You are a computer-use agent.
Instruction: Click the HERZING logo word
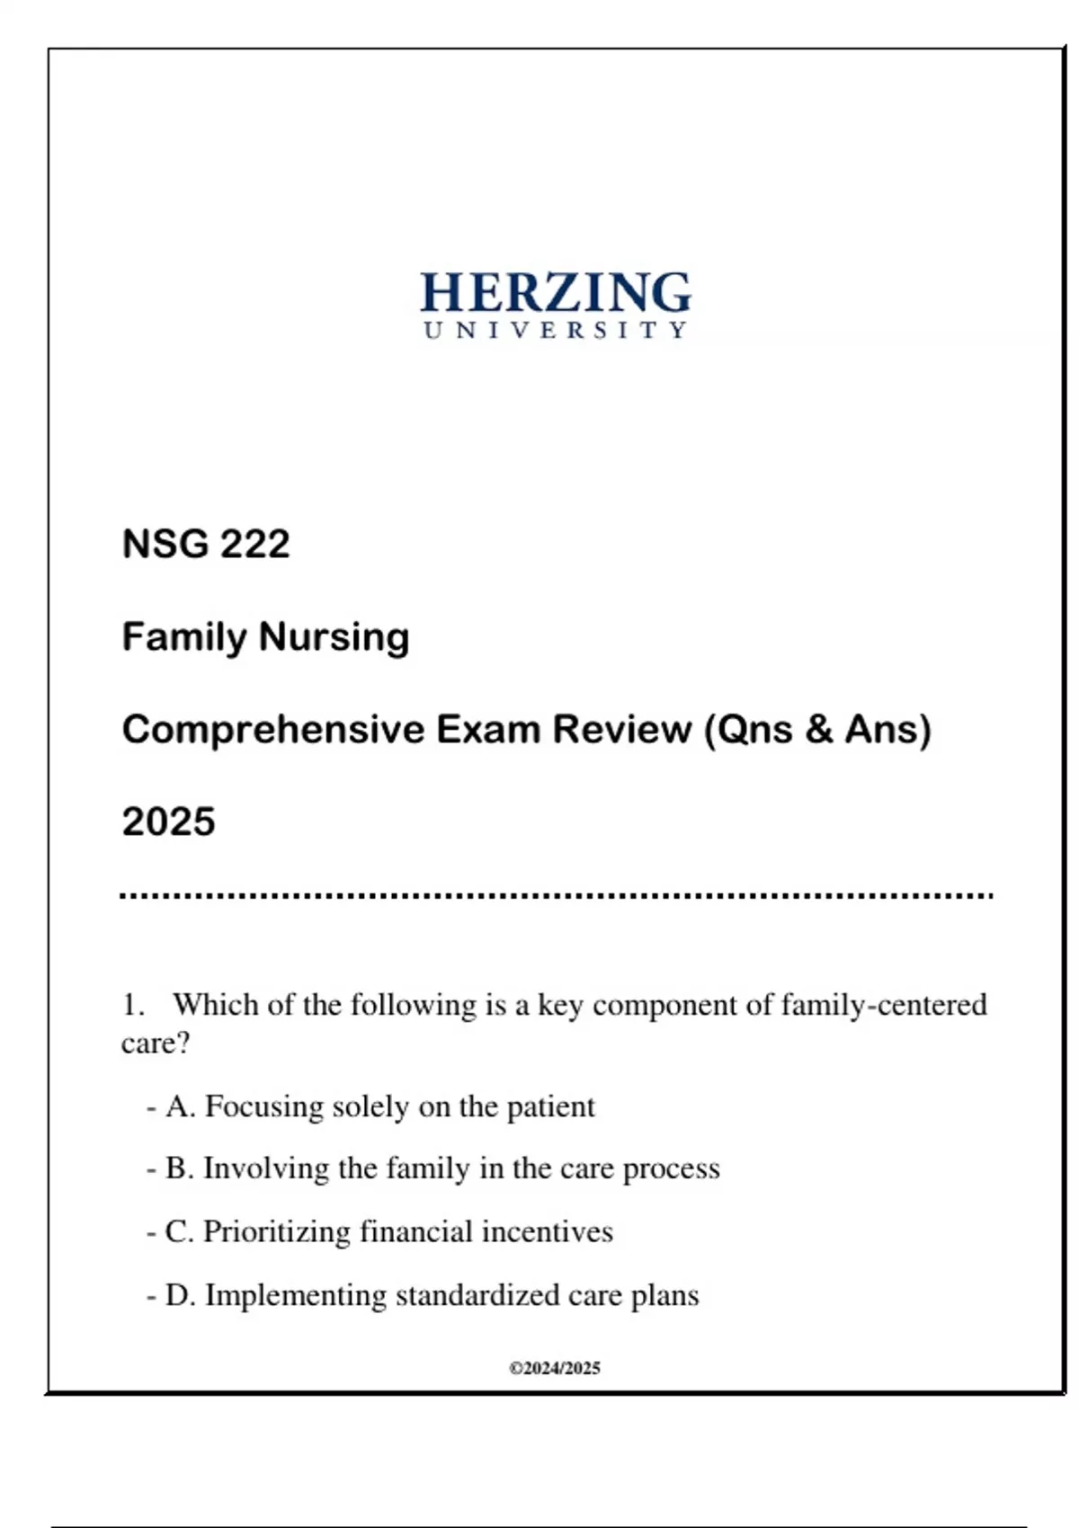tap(556, 293)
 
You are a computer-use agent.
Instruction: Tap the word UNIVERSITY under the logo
tap(556, 331)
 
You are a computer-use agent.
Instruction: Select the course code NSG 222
tap(206, 544)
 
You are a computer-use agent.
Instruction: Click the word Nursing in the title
tap(334, 637)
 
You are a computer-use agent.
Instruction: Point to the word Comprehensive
tap(273, 729)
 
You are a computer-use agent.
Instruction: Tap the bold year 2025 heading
tap(169, 822)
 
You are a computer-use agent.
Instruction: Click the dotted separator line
tap(556, 896)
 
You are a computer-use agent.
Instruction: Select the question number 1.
tap(132, 1005)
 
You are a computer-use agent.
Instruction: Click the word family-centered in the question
tap(884, 1004)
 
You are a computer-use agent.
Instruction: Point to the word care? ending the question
tap(156, 1044)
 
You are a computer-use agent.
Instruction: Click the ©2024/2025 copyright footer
tap(555, 1368)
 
